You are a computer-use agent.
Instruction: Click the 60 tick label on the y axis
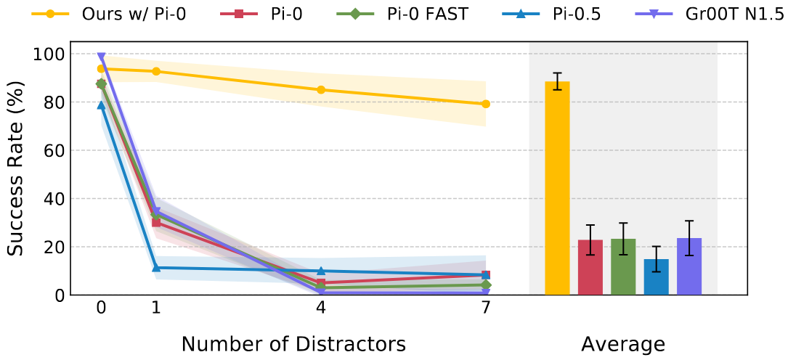53,151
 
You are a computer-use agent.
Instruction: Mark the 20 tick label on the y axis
53,247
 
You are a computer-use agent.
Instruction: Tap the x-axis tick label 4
320,308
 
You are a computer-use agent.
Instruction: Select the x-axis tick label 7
485,308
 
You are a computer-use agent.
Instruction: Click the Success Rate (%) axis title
16,167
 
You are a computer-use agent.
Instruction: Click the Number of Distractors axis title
293,343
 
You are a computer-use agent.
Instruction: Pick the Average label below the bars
622,343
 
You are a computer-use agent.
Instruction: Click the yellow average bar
557,189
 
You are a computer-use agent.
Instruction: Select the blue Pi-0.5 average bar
656,277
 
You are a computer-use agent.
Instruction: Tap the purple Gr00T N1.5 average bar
689,266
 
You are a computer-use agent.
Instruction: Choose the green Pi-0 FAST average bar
623,267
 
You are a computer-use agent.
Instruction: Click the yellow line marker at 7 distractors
485,104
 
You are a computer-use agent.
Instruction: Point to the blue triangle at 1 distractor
156,268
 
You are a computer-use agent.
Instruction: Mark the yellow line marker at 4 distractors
320,90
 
